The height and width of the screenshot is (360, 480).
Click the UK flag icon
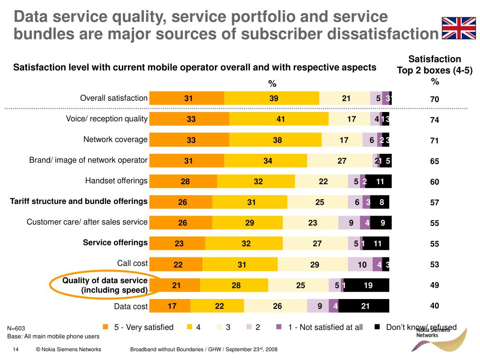pyautogui.click(x=459, y=28)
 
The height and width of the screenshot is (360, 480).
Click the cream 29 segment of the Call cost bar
pyautogui.click(x=315, y=264)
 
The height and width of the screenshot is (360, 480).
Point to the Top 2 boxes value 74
pyautogui.click(x=435, y=120)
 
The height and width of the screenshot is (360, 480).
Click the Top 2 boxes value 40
pyautogui.click(x=435, y=306)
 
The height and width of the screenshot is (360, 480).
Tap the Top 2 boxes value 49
pyautogui.click(x=435, y=285)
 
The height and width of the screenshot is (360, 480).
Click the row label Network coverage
pyautogui.click(x=115, y=139)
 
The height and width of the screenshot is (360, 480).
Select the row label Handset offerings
pyautogui.click(x=116, y=180)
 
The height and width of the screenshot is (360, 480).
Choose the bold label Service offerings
pyautogui.click(x=115, y=242)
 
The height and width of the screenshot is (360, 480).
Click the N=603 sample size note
pyautogui.click(x=16, y=329)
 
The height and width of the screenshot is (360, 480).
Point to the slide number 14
pyautogui.click(x=15, y=350)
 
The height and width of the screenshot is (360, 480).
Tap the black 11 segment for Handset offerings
pyautogui.click(x=380, y=181)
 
